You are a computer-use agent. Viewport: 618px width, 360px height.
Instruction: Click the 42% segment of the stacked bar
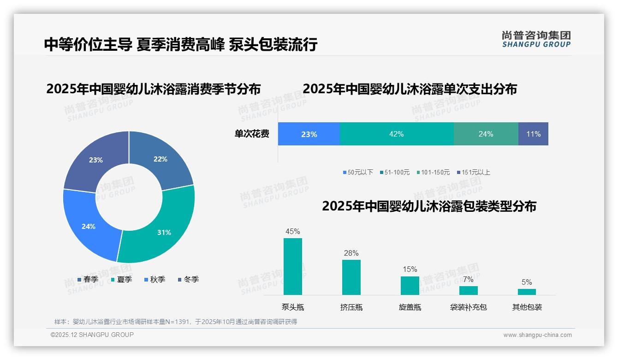point(397,134)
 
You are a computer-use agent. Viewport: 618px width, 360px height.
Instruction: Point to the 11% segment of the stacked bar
point(533,134)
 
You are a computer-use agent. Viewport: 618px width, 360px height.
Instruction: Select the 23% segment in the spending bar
point(309,134)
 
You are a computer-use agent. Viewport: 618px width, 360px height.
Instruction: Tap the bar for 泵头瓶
point(293,266)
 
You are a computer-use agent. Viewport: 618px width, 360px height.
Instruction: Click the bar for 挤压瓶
point(351,277)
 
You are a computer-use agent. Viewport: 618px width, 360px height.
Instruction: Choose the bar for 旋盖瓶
point(410,285)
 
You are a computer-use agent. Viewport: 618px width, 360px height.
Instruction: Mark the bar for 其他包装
point(527,292)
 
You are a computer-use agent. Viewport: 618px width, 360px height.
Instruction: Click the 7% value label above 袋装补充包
point(468,279)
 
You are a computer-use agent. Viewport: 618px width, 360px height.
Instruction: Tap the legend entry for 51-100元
point(395,172)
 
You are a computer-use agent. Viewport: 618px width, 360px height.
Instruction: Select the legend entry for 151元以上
point(474,172)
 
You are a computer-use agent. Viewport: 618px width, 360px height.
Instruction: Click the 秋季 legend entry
point(155,279)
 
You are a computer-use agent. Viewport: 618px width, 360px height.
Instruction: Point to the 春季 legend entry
point(88,279)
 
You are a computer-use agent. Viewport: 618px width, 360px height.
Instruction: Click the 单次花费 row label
point(252,134)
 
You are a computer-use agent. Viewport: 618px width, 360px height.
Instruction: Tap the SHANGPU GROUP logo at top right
point(536,39)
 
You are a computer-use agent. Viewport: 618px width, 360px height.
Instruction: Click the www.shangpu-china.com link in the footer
point(537,335)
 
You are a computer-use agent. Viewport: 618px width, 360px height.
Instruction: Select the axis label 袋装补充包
point(468,307)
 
